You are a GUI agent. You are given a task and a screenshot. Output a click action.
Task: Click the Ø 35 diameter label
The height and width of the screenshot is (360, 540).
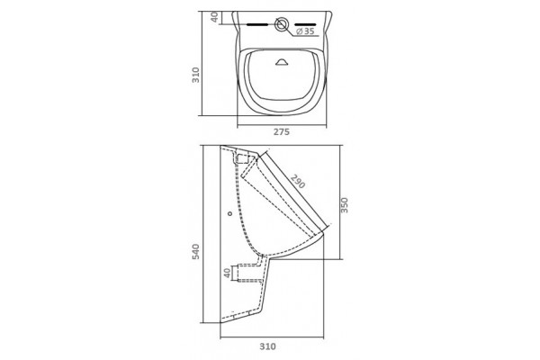coord(305,31)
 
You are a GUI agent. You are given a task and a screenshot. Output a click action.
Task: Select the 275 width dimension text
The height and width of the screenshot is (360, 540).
coord(282,132)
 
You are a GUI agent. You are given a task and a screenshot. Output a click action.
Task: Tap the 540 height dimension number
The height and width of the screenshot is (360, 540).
coord(195,251)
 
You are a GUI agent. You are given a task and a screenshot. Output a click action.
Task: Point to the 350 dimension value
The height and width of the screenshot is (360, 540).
coord(345,205)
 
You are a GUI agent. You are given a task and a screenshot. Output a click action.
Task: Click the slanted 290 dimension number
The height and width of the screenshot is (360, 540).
coord(298,181)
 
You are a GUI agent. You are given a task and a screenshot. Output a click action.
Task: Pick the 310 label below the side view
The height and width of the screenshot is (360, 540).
coord(267,346)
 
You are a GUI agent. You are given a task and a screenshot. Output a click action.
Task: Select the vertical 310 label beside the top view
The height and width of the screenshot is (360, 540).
coord(195,75)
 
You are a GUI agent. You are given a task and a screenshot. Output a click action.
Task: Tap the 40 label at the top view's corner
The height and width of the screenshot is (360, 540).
coord(214,17)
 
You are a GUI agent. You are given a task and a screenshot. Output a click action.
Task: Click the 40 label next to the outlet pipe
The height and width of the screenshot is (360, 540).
coord(227,273)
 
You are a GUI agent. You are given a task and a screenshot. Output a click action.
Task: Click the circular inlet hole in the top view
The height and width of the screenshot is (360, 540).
coord(282,24)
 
